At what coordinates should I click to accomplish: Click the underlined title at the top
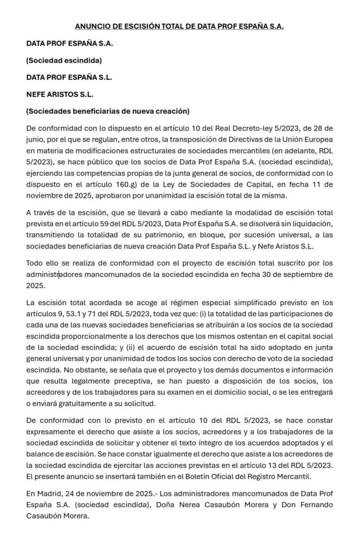point(179,26)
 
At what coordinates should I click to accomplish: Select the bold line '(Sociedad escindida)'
point(64,60)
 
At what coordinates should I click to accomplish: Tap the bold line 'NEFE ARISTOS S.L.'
point(60,94)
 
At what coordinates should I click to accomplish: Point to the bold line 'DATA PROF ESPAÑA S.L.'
point(69,77)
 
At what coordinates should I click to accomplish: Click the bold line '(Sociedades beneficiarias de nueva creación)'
point(108,111)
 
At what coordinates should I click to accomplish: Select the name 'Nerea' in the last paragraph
point(179,504)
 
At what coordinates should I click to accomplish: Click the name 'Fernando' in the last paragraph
point(315,504)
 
